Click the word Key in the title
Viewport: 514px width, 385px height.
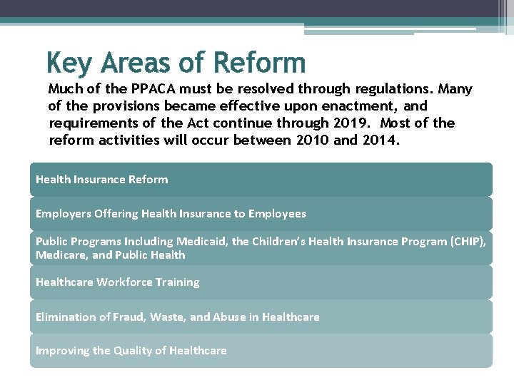pos(70,63)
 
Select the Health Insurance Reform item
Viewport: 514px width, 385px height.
pos(101,180)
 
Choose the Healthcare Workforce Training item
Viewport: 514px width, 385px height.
pos(117,282)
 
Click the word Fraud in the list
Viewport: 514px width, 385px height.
pos(129,317)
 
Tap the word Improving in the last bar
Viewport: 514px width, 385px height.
pos(61,351)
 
